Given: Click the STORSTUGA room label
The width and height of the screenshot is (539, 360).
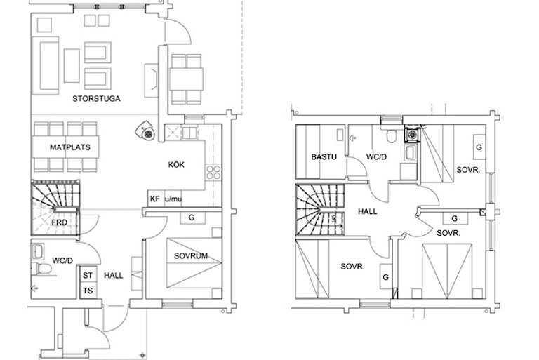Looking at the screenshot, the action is tap(96, 99).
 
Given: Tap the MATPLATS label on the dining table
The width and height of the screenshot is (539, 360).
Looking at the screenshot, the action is tap(69, 147).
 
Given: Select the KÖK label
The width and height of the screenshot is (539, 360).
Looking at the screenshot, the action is tap(176, 164).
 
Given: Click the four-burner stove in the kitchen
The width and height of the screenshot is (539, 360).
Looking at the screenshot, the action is tap(213, 172).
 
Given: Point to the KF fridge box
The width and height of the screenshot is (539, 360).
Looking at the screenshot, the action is tap(155, 199).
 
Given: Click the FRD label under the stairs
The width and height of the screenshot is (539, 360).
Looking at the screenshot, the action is tap(59, 222).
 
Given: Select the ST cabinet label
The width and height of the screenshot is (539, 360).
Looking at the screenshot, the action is tap(88, 275).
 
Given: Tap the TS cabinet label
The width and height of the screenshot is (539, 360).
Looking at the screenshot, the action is tap(88, 291).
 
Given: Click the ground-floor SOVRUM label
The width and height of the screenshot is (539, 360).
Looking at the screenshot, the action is tap(191, 256).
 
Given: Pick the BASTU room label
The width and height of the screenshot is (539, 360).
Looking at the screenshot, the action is tap(324, 156).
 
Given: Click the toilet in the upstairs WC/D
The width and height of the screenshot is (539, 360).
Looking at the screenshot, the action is tap(391, 135).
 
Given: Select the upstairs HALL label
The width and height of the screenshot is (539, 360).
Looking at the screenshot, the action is tap(368, 211).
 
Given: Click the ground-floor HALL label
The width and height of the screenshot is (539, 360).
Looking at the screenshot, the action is tap(114, 275).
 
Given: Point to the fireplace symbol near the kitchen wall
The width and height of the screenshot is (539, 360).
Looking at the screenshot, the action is tap(147, 131).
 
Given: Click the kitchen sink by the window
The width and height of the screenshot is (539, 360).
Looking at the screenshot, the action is tap(189, 133).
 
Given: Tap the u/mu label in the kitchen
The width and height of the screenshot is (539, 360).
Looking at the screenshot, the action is tap(173, 199).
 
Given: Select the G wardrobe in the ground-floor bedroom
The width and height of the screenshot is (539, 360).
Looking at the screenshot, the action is tap(192, 218).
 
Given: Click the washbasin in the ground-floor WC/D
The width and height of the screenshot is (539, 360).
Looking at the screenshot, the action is tap(37, 251).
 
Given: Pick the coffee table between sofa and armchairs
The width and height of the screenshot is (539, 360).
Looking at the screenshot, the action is tap(72, 65).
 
